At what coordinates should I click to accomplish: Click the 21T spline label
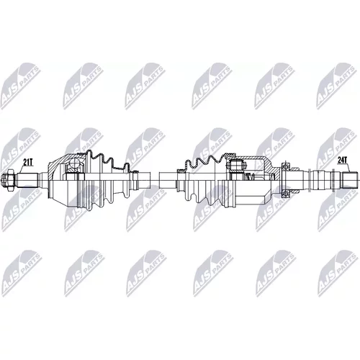tap(28, 163)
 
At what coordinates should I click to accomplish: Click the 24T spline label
tap(343, 160)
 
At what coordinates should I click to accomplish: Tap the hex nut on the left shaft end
tap(9, 180)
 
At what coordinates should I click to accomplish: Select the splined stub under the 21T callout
tap(27, 180)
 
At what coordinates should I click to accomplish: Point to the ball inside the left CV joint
tap(73, 164)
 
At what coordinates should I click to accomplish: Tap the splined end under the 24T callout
tap(350, 180)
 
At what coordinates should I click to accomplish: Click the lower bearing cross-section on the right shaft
tap(285, 194)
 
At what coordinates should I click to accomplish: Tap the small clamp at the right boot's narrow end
tap(180, 171)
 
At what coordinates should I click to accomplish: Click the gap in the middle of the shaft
tap(155, 180)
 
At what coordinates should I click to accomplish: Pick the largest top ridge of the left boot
tap(89, 154)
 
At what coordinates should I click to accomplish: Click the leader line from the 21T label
tap(21, 170)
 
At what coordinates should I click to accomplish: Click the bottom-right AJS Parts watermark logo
tap(337, 273)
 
